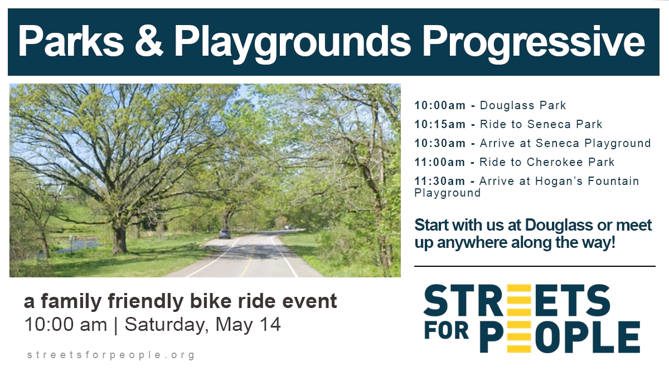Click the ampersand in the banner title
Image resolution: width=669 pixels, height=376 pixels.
149,41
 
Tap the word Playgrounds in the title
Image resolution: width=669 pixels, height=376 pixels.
292,43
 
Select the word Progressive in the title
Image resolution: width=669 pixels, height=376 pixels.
534,44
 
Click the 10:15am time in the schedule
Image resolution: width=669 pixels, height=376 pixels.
440,124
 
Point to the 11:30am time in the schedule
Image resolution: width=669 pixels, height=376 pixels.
440,181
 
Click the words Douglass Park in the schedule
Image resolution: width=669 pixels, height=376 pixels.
523,105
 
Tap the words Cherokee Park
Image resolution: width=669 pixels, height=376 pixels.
570,162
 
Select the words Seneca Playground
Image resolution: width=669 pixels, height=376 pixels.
593,144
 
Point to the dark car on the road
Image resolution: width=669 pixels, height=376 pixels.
225,235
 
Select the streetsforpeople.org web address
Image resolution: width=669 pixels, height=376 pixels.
111,355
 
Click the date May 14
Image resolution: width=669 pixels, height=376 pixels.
248,325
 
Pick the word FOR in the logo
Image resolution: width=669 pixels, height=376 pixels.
447,331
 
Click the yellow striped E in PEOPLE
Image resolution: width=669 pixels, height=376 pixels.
520,337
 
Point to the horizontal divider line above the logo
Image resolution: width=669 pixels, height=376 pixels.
535,266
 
